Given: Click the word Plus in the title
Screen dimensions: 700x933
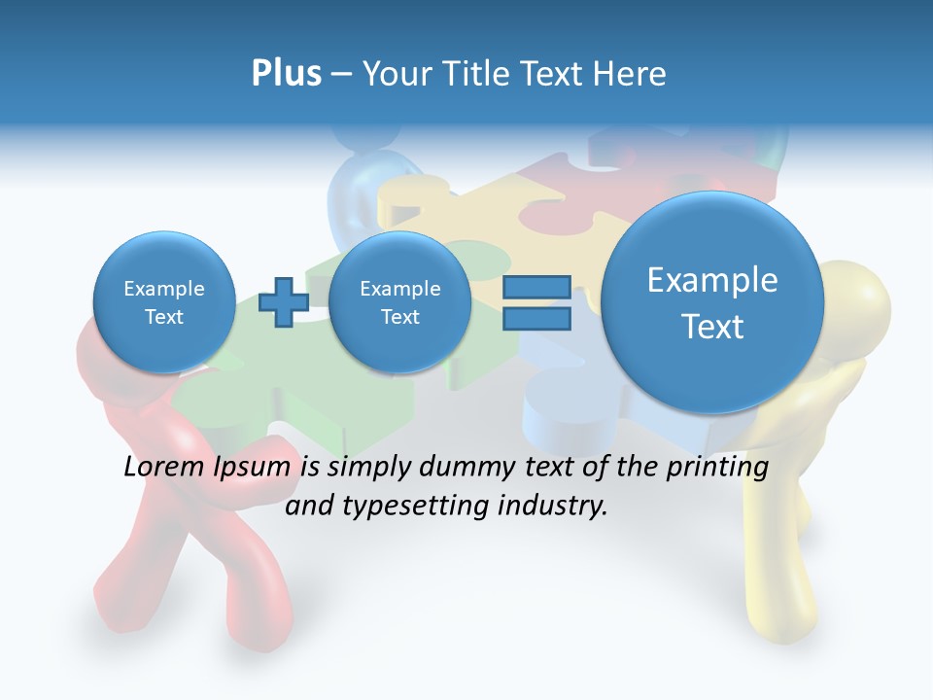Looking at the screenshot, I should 286,74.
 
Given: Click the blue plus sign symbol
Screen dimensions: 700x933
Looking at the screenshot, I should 284,302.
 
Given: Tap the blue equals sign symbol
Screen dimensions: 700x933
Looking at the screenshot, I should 536,302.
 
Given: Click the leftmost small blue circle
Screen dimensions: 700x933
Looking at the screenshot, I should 163,302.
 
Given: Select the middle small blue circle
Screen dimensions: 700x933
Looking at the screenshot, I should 399,302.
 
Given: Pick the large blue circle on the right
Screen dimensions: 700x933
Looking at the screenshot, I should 712,302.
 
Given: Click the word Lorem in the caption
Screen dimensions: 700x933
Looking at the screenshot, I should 160,467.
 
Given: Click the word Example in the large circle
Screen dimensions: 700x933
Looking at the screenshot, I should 712,280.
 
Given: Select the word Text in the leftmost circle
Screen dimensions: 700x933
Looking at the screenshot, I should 163,317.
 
